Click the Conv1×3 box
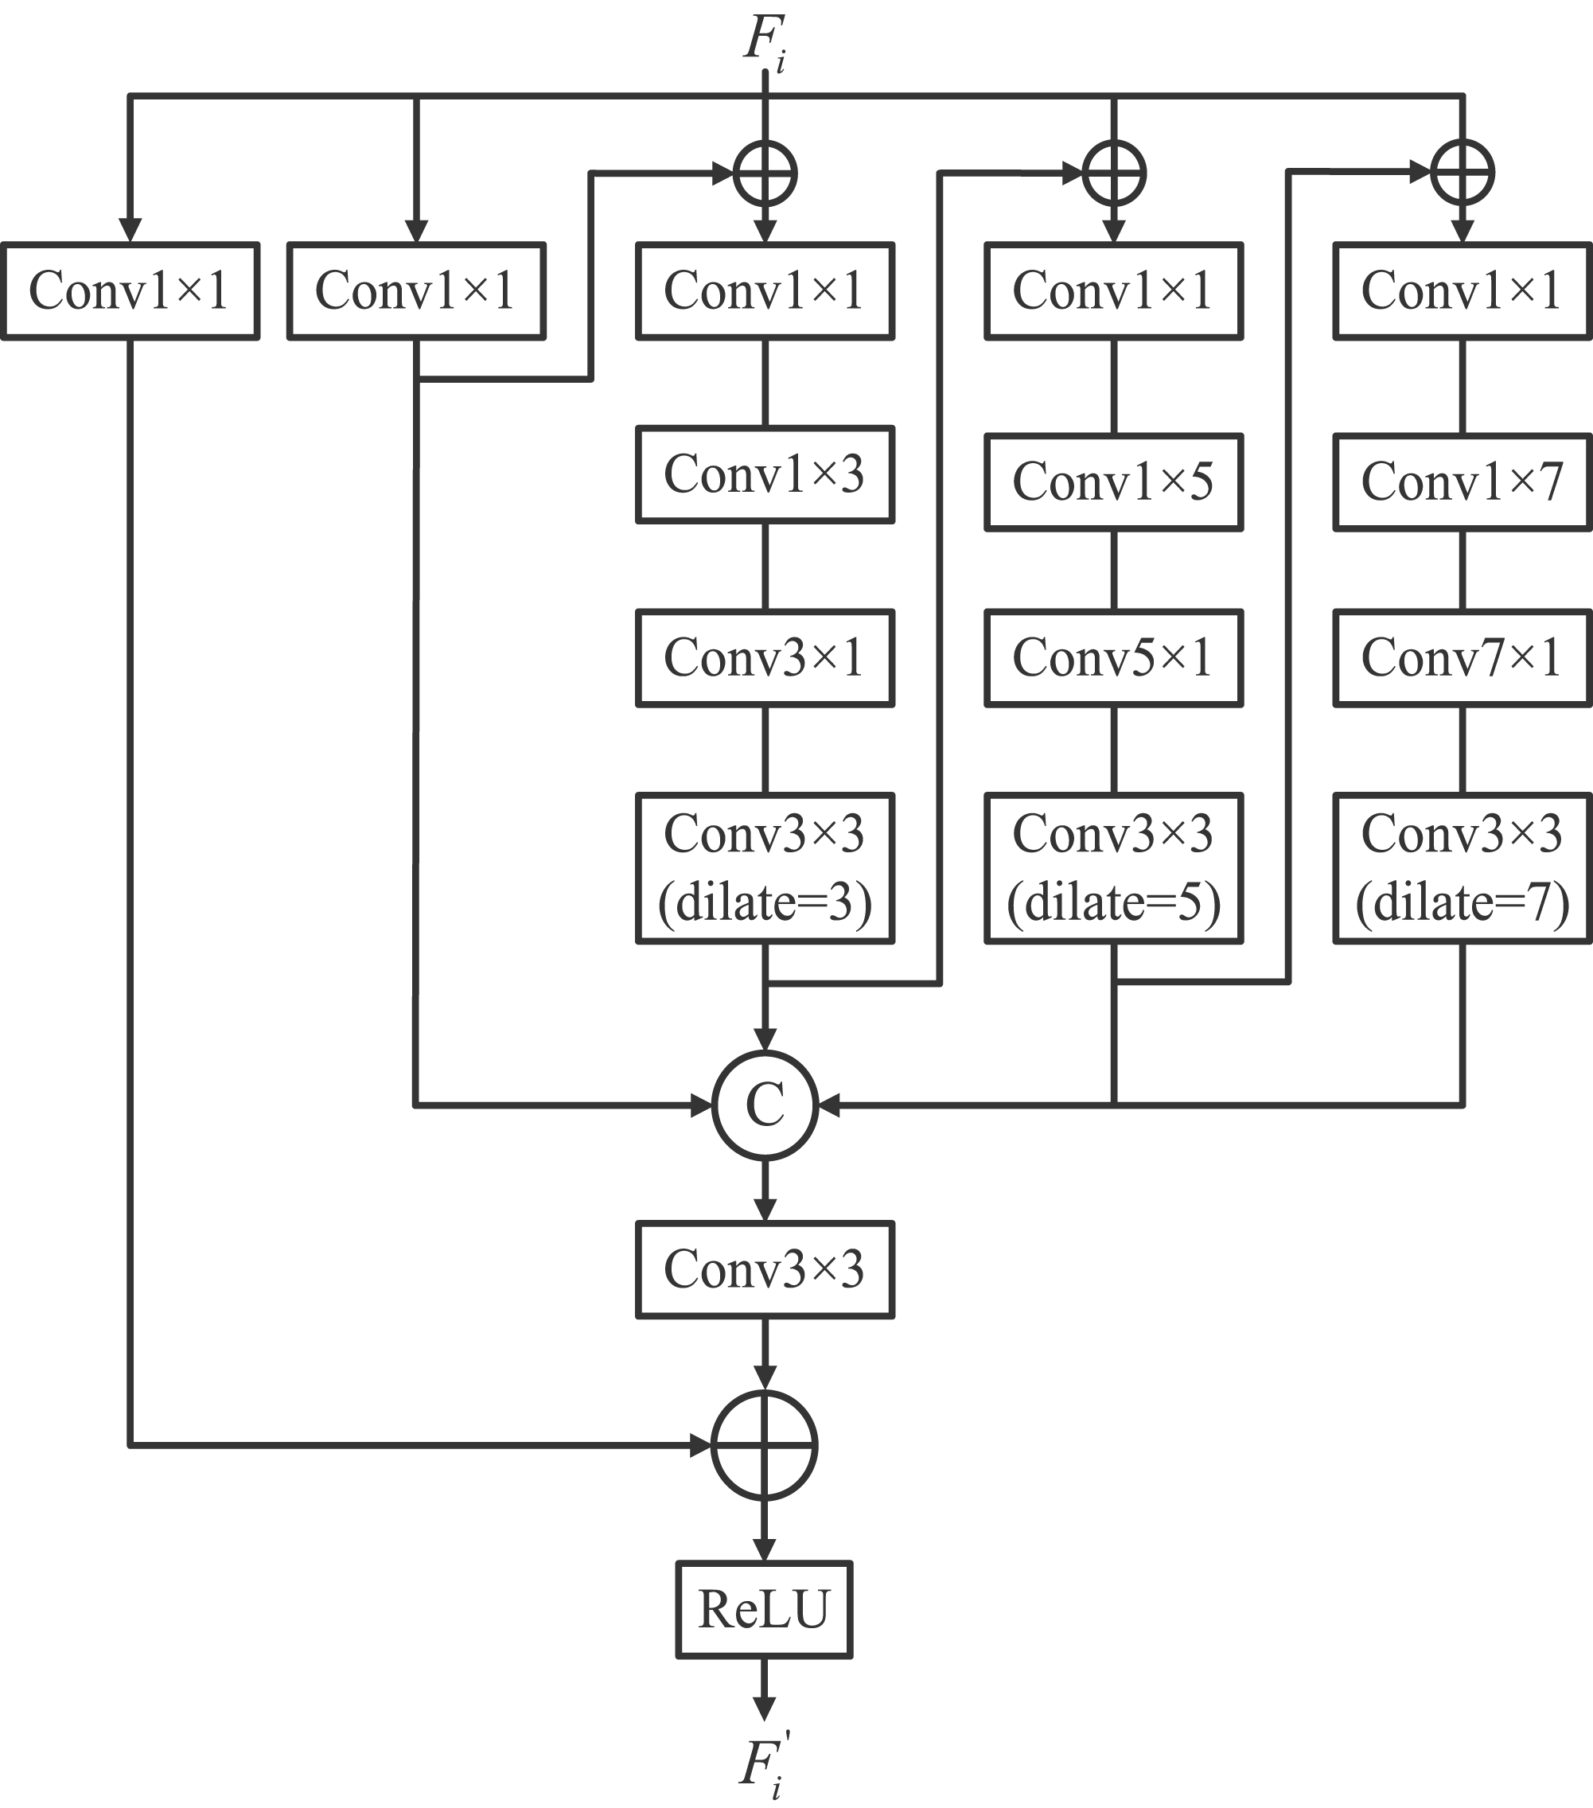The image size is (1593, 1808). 765,475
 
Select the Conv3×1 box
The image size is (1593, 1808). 765,658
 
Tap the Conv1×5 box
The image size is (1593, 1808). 1114,482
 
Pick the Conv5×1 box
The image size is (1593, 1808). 1114,658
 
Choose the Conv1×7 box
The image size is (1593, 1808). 1462,482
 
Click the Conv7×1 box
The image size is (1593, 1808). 1462,658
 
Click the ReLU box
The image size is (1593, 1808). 764,1610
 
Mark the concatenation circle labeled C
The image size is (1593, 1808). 765,1105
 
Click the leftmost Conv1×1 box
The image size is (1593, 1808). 130,291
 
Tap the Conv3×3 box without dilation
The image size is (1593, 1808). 765,1270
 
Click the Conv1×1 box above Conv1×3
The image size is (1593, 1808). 765,291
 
